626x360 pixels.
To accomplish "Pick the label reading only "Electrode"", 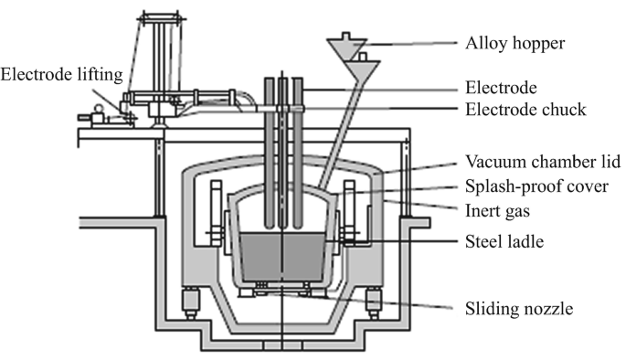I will [499, 89].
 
